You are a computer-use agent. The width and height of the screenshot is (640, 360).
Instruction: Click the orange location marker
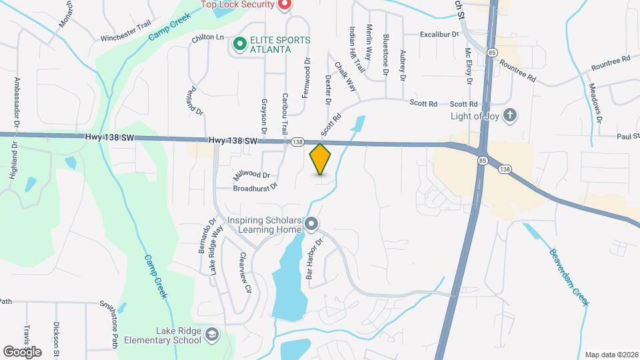tap(321, 159)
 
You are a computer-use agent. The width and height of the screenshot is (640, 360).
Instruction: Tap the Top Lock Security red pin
tap(285, 5)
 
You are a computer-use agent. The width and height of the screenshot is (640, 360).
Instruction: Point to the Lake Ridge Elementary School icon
tap(211, 335)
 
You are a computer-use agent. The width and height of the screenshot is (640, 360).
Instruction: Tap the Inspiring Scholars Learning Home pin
tap(311, 225)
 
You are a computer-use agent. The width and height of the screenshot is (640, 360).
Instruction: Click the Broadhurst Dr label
tap(255, 189)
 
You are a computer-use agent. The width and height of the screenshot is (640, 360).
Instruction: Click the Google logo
tap(22, 351)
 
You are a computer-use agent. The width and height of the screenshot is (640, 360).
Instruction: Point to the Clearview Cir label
tap(245, 273)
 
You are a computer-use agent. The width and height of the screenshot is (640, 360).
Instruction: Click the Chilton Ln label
tap(207, 38)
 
